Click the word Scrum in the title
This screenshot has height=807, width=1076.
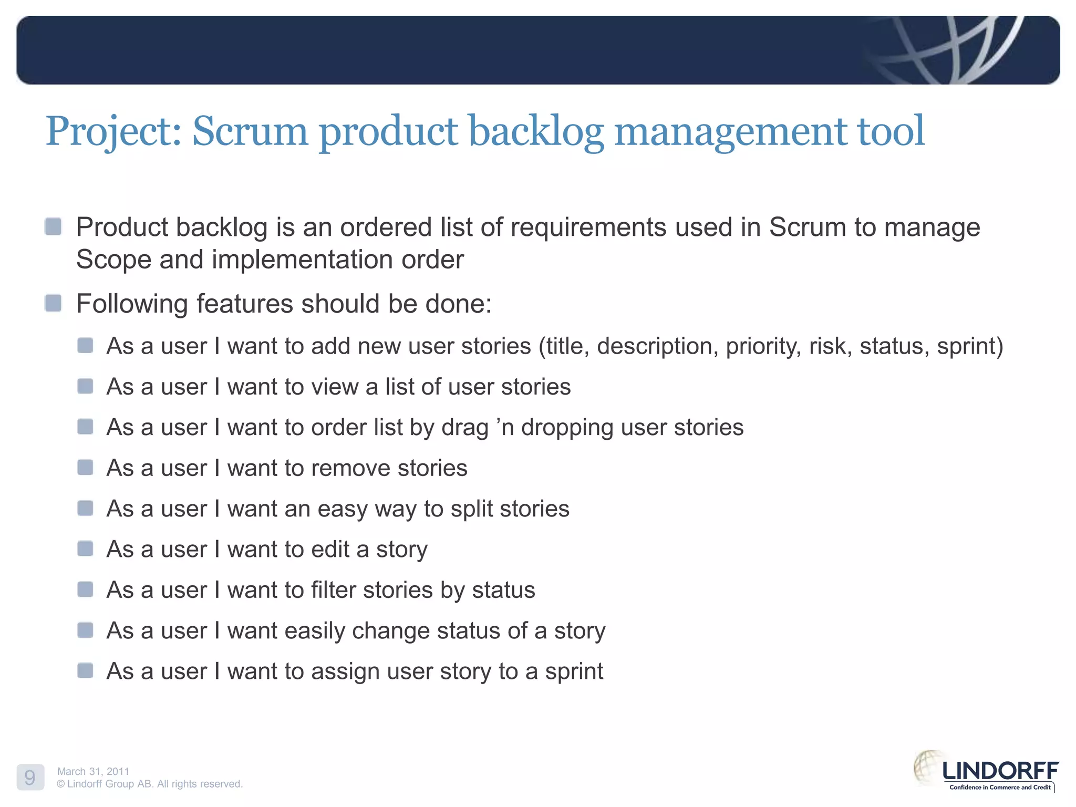point(250,131)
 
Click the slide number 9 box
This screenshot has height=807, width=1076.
point(30,777)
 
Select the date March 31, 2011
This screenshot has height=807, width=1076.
point(93,771)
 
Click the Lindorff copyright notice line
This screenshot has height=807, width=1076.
point(150,784)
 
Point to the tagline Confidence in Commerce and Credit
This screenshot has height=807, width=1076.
point(999,787)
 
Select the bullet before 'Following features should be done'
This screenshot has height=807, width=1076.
point(53,303)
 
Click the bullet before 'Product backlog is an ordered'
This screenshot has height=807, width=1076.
point(53,227)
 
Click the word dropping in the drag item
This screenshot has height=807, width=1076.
point(567,428)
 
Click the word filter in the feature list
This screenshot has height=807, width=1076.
point(333,590)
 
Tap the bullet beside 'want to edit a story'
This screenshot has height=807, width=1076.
point(85,549)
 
